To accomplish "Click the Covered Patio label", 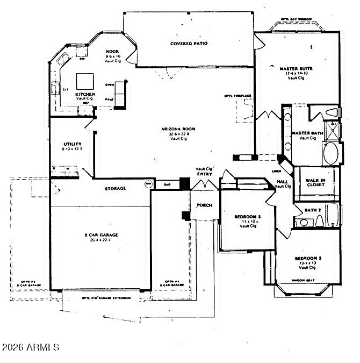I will (189, 44).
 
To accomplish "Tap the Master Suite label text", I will (296, 69).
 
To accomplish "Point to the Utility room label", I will (72, 144).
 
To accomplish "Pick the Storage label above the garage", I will (116, 188).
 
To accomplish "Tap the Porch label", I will (204, 205).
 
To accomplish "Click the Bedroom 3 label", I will (247, 217).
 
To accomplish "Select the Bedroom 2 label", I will (308, 258).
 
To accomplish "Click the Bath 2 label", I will (313, 210).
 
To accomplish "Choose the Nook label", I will (113, 51).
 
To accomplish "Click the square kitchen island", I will (85, 81).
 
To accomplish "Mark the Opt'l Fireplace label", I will (238, 96).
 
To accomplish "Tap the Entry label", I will (204, 174).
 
